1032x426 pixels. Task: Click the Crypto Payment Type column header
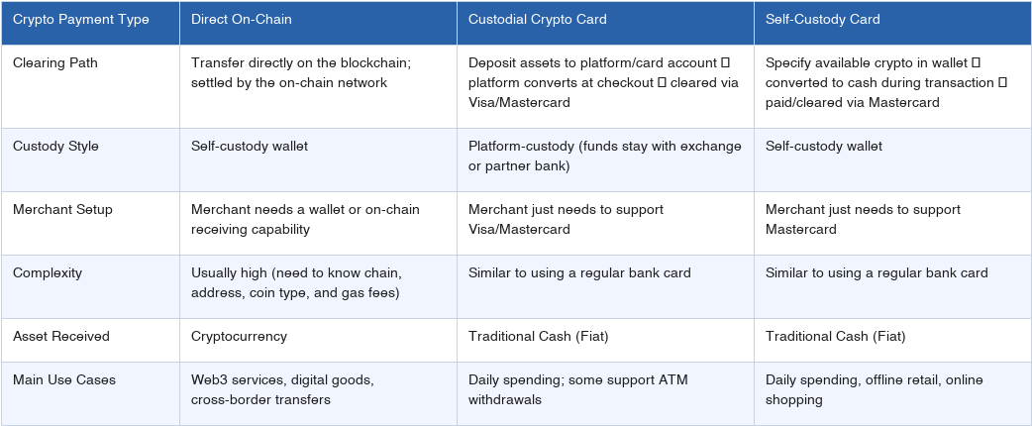coord(81,20)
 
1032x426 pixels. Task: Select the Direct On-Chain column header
coord(241,20)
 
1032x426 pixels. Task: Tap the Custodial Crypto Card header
coord(539,20)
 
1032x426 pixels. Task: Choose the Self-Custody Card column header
coord(822,20)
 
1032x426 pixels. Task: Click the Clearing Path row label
coord(55,63)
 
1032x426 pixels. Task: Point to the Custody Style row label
coord(55,147)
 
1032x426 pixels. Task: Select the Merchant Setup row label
coord(62,210)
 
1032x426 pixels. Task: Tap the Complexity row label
coord(48,273)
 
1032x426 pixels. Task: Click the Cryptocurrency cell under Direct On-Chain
coord(239,337)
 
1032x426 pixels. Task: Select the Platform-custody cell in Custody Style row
coord(604,157)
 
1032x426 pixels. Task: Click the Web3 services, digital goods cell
coord(282,390)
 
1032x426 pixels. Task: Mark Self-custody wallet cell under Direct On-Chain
coord(250,147)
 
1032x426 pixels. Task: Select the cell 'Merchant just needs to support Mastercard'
coord(863,220)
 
